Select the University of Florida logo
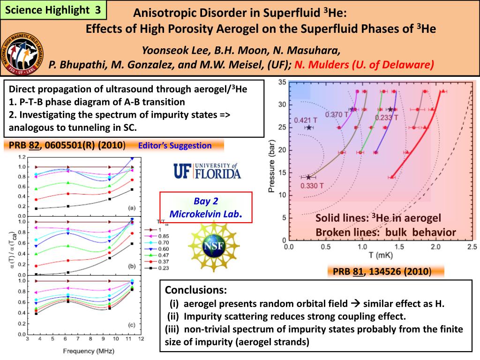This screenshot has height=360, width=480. pyautogui.click(x=207, y=172)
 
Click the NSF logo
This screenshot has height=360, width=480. pyautogui.click(x=207, y=246)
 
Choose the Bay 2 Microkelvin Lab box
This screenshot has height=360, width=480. pyautogui.click(x=206, y=208)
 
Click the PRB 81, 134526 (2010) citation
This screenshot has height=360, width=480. pyautogui.click(x=382, y=271)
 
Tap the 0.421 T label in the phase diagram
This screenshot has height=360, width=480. pyautogui.click(x=306, y=120)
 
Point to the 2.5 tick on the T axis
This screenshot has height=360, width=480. pyautogui.click(x=471, y=247)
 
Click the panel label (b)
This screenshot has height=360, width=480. pyautogui.click(x=132, y=266)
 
